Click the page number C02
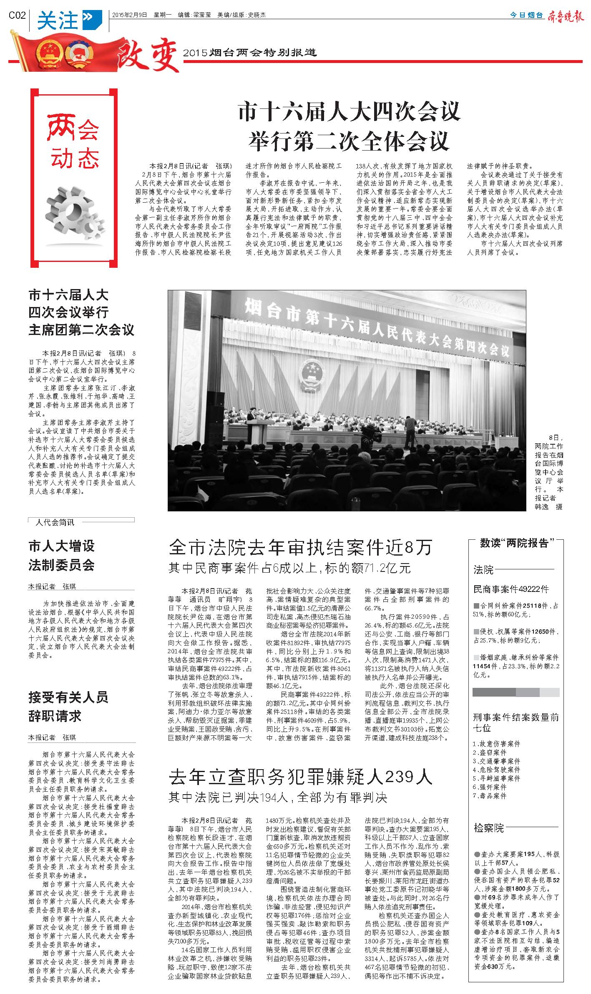pyautogui.click(x=17, y=15)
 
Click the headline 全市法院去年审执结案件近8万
pyautogui.click(x=301, y=547)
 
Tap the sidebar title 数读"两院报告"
pyautogui.click(x=516, y=543)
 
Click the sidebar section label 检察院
pyautogui.click(x=489, y=828)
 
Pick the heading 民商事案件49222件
pyautogui.click(x=511, y=589)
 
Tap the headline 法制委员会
pyautogui.click(x=61, y=565)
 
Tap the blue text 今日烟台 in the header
pyautogui.click(x=527, y=15)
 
